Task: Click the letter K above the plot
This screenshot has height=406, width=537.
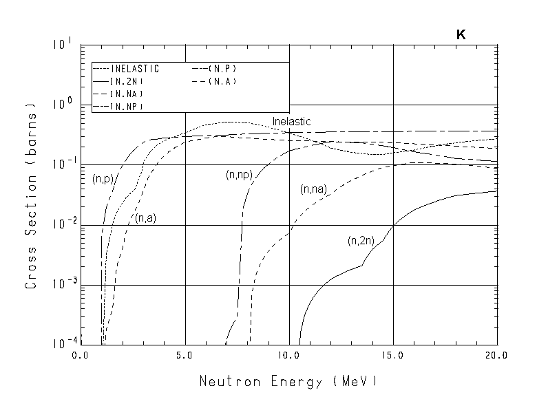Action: tap(461, 34)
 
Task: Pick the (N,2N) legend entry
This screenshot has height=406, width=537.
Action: tap(127, 81)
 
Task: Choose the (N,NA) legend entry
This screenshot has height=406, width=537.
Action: tap(127, 94)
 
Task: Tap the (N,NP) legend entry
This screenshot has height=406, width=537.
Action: tap(127, 106)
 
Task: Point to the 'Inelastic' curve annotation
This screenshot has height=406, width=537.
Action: tap(291, 122)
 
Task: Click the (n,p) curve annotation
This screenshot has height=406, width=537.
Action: tap(103, 178)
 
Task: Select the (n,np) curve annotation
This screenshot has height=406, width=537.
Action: tap(238, 175)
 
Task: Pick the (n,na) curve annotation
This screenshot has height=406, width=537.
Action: tap(313, 189)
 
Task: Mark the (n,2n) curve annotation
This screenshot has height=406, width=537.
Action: tap(361, 241)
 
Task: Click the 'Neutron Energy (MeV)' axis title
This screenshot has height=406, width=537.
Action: tap(288, 381)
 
